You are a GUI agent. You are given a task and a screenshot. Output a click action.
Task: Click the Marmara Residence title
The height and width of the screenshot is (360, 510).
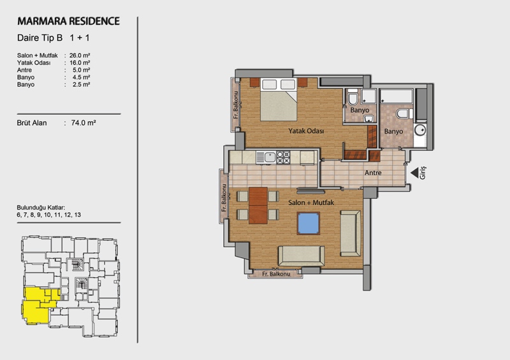[x=68, y=21]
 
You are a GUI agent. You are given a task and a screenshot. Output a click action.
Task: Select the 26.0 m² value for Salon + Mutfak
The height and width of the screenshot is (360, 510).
[x=80, y=55]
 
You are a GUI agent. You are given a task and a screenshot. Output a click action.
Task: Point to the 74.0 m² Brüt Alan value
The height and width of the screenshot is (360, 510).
[x=84, y=123]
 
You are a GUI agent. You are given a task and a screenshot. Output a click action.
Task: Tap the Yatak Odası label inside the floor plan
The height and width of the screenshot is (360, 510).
[x=306, y=131]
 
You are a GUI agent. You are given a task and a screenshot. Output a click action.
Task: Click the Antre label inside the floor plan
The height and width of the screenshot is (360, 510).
[x=373, y=173]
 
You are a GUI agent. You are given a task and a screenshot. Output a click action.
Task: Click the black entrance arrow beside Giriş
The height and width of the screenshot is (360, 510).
[x=414, y=173]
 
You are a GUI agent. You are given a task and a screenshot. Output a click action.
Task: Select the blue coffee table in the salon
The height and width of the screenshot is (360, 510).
[x=308, y=224]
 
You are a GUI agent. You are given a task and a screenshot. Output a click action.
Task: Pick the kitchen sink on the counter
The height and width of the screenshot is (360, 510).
[x=270, y=157]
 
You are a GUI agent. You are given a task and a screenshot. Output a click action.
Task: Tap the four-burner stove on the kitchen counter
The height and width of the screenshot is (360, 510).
[x=283, y=157]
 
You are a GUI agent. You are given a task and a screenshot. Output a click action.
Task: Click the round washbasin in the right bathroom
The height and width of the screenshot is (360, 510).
[x=421, y=130]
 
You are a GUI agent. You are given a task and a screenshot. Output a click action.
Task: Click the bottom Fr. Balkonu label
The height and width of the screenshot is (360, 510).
[x=276, y=274]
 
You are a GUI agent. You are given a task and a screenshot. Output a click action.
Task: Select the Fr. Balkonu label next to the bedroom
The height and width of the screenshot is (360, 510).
[x=236, y=104]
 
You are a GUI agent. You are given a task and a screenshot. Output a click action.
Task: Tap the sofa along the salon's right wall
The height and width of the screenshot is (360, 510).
[x=351, y=233]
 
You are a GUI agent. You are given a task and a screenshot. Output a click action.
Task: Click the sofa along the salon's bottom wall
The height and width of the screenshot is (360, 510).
[x=301, y=256]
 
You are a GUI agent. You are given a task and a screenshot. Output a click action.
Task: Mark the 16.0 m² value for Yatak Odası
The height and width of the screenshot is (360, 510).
[x=80, y=63]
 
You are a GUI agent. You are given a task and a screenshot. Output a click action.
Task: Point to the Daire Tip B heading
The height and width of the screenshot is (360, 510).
[x=40, y=38]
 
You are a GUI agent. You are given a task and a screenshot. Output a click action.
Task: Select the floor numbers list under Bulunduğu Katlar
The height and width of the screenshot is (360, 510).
[x=49, y=215]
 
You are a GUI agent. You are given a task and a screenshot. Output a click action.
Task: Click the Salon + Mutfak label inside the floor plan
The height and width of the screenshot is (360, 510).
[x=311, y=203]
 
